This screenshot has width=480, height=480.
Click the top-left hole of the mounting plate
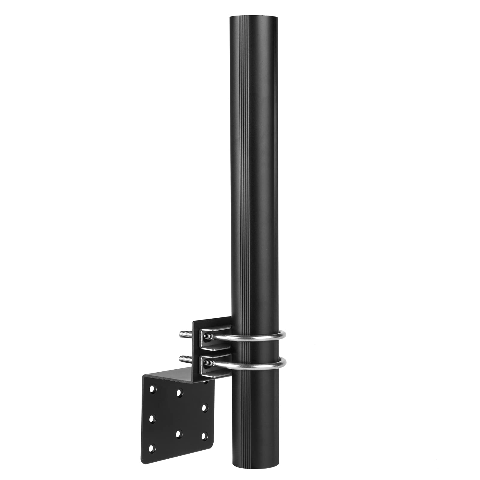click(152, 389)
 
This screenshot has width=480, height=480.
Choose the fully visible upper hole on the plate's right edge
click(204, 408)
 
